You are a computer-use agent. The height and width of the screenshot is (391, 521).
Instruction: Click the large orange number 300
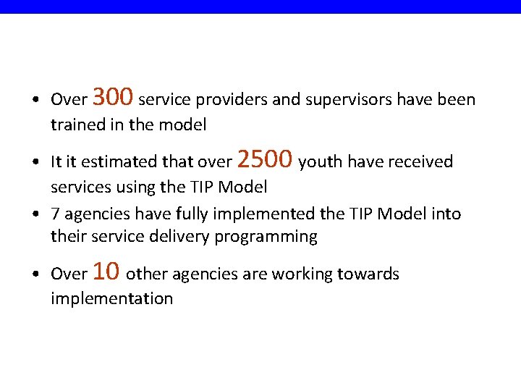pyautogui.click(x=113, y=96)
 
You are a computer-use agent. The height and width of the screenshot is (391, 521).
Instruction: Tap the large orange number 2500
pyautogui.click(x=265, y=158)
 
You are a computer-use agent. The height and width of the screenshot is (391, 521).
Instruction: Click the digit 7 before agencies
pyautogui.click(x=55, y=214)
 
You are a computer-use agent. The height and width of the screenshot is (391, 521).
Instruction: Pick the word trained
pyautogui.click(x=75, y=125)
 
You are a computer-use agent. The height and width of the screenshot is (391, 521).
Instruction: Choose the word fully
pyautogui.click(x=186, y=214)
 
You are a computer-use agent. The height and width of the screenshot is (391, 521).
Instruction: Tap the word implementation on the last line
pyautogui.click(x=111, y=299)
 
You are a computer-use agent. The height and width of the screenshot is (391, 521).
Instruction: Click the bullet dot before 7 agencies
pyautogui.click(x=35, y=215)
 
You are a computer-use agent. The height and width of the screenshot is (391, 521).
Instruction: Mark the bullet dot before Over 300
pyautogui.click(x=35, y=100)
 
